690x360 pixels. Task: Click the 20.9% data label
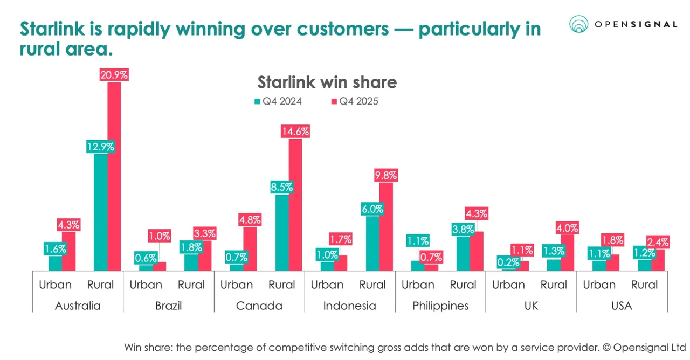[114, 75]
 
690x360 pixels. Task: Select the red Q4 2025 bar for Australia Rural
[114, 178]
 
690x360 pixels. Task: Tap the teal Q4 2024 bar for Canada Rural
[282, 232]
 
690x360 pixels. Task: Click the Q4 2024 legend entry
[278, 101]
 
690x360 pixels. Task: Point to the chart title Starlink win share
[327, 82]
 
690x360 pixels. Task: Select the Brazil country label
[168, 306]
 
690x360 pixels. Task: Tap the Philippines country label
[440, 306]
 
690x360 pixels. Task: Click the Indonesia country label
[349, 306]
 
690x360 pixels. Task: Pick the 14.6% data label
[295, 131]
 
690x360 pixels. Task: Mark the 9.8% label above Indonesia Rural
[385, 175]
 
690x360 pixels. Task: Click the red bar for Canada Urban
[250, 248]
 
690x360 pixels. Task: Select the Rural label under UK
[554, 285]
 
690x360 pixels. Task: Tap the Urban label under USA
[599, 285]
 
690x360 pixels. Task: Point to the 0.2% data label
[508, 262]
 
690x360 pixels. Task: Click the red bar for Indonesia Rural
[386, 226]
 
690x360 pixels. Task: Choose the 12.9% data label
[101, 147]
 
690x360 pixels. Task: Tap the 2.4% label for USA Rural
[658, 241]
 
